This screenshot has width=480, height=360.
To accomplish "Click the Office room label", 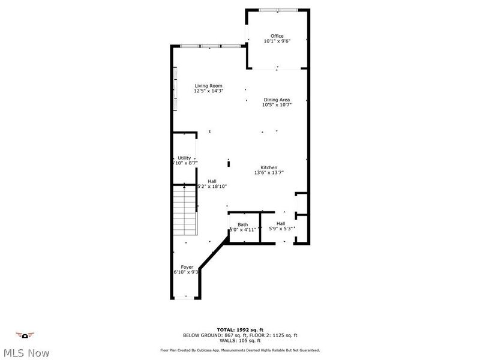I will (277, 36).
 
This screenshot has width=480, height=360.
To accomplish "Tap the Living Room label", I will (208, 86).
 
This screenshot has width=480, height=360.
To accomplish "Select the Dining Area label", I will (277, 100).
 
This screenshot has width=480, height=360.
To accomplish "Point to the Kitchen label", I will (268, 167).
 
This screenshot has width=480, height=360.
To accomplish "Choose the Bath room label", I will (242, 224).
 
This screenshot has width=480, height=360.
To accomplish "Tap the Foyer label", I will (187, 266).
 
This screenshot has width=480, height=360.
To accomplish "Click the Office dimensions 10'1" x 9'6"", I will (277, 41).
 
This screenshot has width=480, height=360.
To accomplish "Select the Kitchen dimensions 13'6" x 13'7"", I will (268, 173).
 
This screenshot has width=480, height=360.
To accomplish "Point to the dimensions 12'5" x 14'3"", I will (208, 91).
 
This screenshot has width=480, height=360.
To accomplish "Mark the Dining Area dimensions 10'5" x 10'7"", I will (277, 105).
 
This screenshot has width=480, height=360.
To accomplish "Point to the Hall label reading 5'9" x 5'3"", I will (281, 224).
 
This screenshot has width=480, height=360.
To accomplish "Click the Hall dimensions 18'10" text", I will (212, 187).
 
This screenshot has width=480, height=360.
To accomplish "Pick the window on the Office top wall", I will (277, 10).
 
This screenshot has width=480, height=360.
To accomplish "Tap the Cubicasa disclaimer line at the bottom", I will (239, 350).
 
